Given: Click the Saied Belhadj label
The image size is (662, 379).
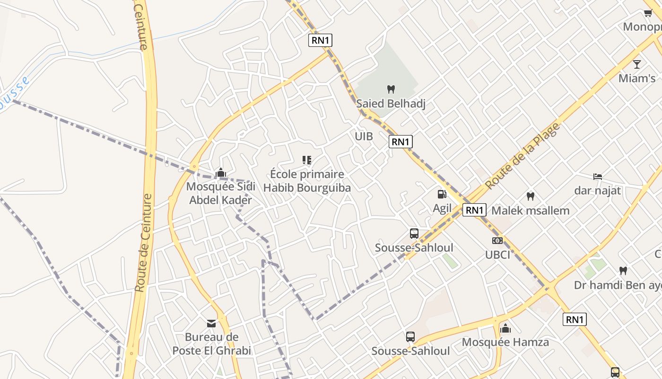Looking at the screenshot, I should pyautogui.click(x=391, y=103).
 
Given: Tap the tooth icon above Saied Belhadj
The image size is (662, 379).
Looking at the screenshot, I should pyautogui.click(x=391, y=89).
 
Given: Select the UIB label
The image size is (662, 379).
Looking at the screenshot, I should pyautogui.click(x=364, y=136).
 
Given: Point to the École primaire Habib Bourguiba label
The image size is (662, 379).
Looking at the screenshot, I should pyautogui.click(x=307, y=181).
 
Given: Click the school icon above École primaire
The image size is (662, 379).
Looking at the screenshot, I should pyautogui.click(x=307, y=160).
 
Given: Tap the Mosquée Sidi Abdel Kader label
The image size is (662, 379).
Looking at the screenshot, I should pyautogui.click(x=220, y=193).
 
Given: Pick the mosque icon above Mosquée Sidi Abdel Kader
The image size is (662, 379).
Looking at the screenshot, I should pyautogui.click(x=220, y=173).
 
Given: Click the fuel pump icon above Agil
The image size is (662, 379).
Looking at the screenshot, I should pyautogui.click(x=442, y=194).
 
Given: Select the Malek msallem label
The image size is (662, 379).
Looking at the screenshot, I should pyautogui.click(x=531, y=210).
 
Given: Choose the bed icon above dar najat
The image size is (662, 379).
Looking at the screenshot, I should pyautogui.click(x=598, y=177).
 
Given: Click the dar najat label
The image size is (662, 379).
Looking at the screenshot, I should pyautogui.click(x=598, y=191).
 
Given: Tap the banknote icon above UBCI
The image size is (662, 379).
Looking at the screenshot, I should pyautogui.click(x=497, y=241).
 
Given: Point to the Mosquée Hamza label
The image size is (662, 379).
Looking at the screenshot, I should pyautogui.click(x=505, y=342).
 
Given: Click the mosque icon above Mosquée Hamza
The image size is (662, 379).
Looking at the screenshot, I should pyautogui.click(x=505, y=328).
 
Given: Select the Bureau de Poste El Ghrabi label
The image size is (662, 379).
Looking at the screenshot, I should pyautogui.click(x=211, y=344).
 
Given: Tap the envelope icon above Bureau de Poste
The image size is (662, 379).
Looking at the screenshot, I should pyautogui.click(x=211, y=324).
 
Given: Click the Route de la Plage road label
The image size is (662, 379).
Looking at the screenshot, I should pyautogui.click(x=523, y=156).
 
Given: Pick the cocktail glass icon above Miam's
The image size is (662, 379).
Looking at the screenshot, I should pyautogui.click(x=637, y=64).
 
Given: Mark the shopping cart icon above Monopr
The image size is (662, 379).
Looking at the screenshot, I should pyautogui.click(x=648, y=13).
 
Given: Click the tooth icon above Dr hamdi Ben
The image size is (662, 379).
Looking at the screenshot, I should pyautogui.click(x=623, y=271).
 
